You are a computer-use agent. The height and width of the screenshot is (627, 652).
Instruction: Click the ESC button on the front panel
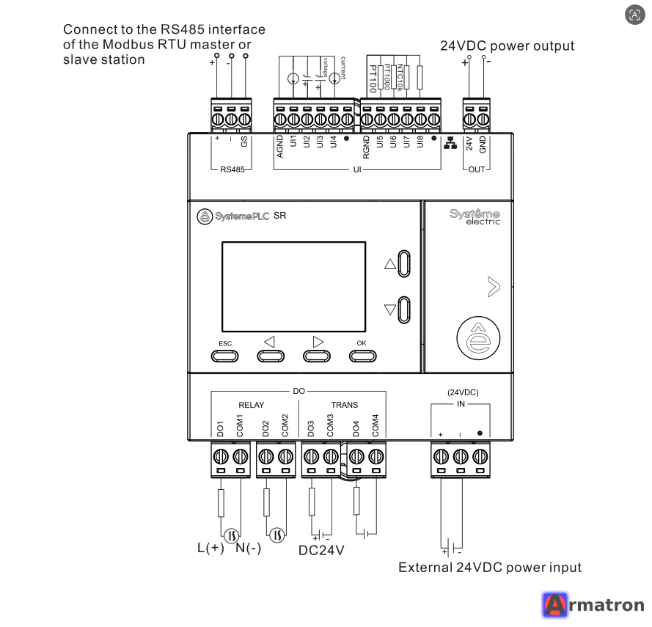224,356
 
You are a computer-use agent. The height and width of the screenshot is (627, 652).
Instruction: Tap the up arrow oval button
404,263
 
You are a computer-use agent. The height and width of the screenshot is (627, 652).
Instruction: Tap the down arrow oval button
404,309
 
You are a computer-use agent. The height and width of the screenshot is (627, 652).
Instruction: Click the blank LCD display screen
293,287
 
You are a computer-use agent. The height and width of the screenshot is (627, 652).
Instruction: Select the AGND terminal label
280,146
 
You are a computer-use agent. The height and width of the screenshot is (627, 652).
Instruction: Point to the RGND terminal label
366,147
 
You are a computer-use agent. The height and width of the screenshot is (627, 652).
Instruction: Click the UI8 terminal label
420,142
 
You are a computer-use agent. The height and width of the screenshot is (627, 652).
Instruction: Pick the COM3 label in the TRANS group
330,425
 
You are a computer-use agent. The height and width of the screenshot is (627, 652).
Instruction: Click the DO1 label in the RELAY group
220,429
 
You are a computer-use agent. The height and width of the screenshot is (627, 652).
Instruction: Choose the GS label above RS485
244,142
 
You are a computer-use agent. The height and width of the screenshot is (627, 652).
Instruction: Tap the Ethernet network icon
450,142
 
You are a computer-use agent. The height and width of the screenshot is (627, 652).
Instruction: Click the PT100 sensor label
373,78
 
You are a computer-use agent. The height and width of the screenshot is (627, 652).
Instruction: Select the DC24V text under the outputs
321,551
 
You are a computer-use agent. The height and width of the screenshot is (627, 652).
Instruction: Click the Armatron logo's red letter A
555,605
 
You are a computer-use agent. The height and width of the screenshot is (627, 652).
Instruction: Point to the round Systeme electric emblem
478,338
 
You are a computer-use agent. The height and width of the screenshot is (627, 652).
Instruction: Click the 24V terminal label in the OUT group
469,144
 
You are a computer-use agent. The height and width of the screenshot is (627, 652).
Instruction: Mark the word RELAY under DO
251,405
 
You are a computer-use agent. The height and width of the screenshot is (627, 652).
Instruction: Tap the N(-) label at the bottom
248,548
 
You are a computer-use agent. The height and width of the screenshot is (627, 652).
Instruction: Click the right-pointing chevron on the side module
494,287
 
